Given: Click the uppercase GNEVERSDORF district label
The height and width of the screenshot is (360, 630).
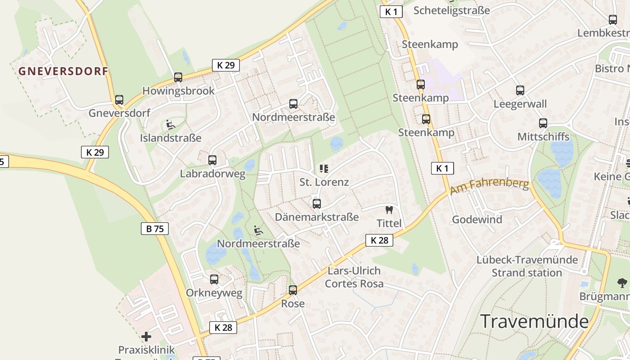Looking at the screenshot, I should click(x=63, y=71).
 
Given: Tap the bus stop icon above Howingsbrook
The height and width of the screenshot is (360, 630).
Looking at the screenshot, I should click(x=178, y=77).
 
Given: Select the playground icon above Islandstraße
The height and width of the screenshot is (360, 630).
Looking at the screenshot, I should click(x=171, y=125).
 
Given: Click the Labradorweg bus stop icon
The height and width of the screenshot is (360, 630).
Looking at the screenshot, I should click(x=212, y=160).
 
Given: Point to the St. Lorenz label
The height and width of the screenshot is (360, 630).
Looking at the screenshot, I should click(x=324, y=182).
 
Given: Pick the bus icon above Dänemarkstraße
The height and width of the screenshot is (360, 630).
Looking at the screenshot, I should click(x=317, y=204).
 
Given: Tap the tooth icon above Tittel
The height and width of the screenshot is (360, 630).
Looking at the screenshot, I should click(x=389, y=210).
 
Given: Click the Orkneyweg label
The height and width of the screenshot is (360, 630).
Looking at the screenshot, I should click(x=214, y=293).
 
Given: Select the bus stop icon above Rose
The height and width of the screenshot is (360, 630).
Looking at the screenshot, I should click(x=293, y=290).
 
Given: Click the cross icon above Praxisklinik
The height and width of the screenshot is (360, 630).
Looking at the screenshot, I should click(x=146, y=337).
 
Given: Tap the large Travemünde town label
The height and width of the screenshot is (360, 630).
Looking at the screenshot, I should click(x=535, y=321).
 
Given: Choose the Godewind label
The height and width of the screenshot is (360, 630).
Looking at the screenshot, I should click(x=477, y=220).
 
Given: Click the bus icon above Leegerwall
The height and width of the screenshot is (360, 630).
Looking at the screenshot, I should click(x=520, y=90).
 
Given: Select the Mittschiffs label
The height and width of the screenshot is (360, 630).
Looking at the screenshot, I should click(x=543, y=137).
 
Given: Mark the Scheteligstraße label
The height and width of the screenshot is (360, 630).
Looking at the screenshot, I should click(x=451, y=10).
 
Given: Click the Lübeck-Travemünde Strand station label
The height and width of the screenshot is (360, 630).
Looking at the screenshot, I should click(x=527, y=266).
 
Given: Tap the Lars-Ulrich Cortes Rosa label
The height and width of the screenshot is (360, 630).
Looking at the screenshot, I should click(x=354, y=277).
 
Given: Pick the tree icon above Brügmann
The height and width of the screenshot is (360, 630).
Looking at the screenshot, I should click(x=622, y=283).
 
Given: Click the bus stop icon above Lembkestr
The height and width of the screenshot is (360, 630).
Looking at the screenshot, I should click(x=612, y=20).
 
